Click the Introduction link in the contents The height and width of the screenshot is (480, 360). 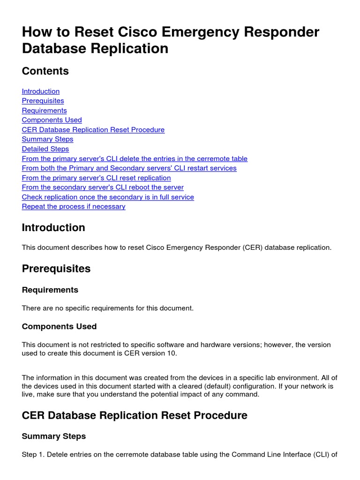pos(41,91)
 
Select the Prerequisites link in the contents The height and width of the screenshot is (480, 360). pos(43,101)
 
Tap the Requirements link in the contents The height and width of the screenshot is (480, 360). pos(45,111)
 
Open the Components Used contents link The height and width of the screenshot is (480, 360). pos(52,120)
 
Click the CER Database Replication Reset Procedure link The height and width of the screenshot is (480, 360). pos(93,130)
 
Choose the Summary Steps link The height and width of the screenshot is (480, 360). pos(48,139)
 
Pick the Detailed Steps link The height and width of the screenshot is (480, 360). pos(45,149)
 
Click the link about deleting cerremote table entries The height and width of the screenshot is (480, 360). pos(135,159)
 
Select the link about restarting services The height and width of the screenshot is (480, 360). pos(129,168)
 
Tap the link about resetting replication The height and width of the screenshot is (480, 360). pos(97,178)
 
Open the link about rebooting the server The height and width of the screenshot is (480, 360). pos(103,187)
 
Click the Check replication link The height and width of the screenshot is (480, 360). pos(108,197)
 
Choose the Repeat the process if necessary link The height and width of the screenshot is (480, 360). pos(74,207)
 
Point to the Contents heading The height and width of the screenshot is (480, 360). pos(45,71)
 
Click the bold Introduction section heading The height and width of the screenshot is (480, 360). pos(53,228)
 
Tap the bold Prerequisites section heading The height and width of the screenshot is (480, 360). pos(56,269)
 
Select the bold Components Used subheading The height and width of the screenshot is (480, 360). pos(60,327)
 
